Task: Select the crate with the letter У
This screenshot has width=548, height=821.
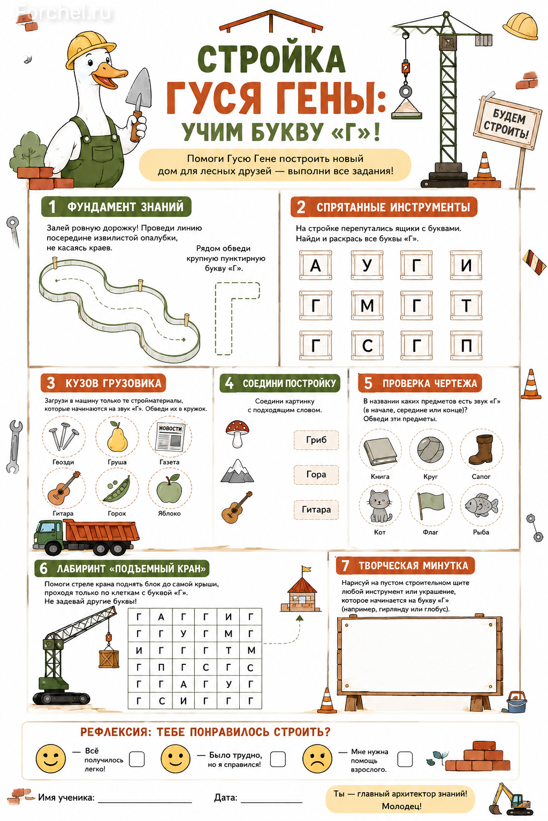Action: [367, 265]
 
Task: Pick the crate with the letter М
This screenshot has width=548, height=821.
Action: [367, 305]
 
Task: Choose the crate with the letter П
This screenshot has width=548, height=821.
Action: [466, 346]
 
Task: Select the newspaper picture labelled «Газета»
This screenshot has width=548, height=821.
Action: [170, 437]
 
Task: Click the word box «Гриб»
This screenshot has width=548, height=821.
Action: [316, 440]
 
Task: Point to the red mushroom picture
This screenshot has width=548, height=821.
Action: [238, 433]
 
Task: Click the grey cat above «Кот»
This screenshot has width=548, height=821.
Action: [380, 506]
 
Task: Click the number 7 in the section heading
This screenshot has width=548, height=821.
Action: [345, 566]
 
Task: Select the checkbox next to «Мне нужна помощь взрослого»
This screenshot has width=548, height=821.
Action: [405, 758]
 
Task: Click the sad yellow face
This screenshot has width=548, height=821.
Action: [317, 758]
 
